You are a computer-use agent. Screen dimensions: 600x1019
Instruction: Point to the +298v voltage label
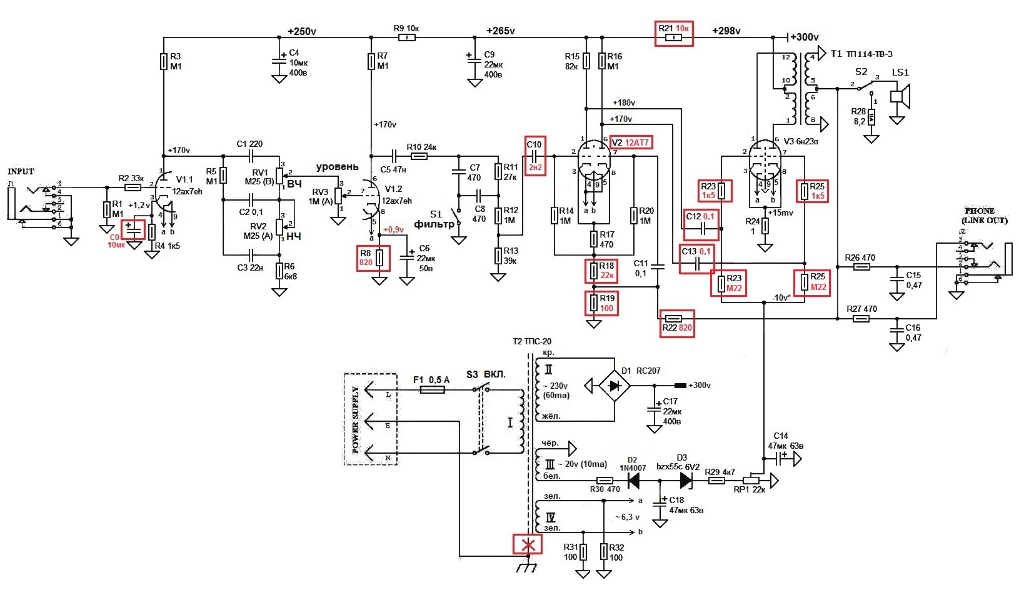(726, 31)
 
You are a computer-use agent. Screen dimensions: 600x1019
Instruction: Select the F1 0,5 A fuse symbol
(432, 389)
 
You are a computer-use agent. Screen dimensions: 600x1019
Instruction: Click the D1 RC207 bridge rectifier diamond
(615, 386)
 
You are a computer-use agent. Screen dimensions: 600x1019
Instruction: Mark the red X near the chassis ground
(528, 544)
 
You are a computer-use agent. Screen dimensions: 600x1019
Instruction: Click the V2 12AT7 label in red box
(630, 142)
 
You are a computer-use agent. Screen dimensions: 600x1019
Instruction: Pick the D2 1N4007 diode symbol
(633, 481)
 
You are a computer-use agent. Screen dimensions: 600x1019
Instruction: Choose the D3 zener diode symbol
(686, 481)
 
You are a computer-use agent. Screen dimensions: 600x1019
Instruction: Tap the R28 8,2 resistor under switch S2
(871, 117)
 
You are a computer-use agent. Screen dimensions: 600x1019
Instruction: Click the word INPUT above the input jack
(21, 171)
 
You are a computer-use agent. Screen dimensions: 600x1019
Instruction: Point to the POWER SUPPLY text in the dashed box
(355, 419)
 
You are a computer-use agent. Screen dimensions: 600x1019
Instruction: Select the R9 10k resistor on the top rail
(406, 37)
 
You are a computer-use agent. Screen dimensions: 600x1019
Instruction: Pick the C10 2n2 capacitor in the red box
(535, 156)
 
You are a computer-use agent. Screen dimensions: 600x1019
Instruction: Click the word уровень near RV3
(337, 167)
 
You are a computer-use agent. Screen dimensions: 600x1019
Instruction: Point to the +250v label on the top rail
(301, 31)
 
